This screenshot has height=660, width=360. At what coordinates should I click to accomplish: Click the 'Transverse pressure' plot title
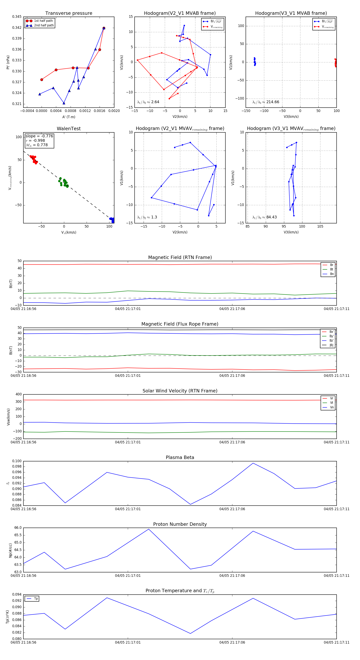69,13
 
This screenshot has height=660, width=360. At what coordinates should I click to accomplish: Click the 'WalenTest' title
69,129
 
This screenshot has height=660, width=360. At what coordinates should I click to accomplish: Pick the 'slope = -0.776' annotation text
39,136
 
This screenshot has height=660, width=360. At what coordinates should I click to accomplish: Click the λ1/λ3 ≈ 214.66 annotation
266,102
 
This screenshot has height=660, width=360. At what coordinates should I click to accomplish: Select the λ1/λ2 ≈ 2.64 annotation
148,102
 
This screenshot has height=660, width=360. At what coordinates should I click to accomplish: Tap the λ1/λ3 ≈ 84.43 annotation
264,217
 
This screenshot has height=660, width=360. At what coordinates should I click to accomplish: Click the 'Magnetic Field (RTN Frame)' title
180,257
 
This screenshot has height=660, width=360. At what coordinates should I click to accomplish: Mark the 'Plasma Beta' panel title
180,457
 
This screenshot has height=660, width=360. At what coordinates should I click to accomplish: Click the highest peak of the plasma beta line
253,463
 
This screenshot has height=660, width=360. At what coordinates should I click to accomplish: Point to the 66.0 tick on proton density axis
18,528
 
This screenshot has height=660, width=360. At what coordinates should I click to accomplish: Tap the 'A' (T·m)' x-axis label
69,117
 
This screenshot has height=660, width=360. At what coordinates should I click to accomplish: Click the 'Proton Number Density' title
180,524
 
